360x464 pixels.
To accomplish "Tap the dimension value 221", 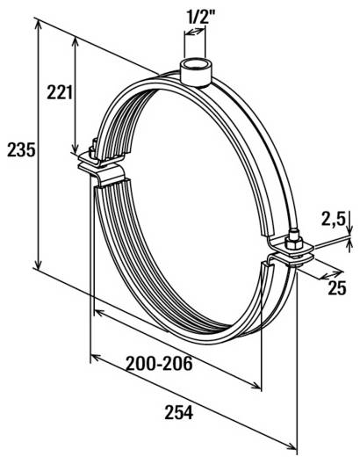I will [x=58, y=91].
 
